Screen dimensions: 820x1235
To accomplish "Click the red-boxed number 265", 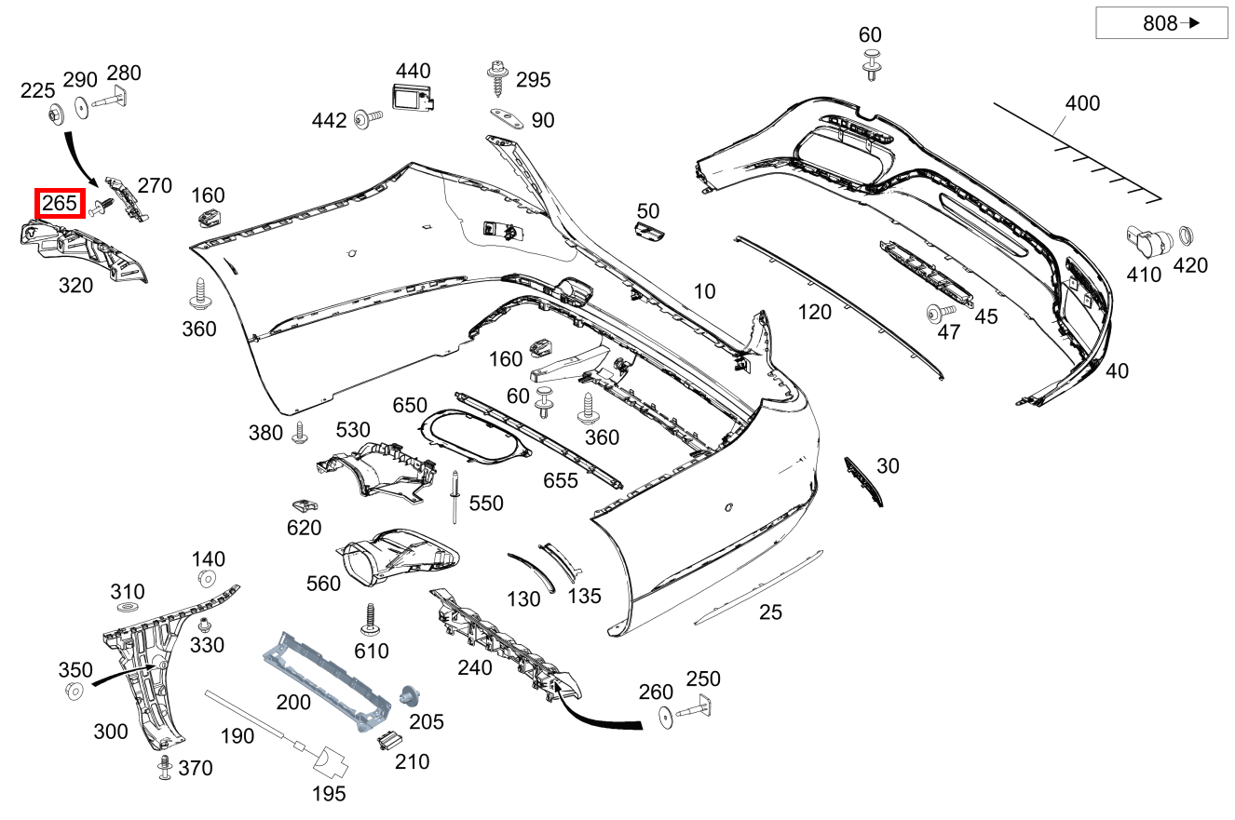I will point(60,202).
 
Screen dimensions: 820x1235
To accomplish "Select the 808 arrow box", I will point(1160,24).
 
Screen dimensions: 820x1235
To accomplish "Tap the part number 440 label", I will point(413,71).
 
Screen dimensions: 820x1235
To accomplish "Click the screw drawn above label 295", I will point(496,78).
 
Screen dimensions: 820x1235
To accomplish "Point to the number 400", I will point(1082,103).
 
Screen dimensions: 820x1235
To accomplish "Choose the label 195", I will point(329,793).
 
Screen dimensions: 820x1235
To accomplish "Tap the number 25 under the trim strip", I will point(770,612).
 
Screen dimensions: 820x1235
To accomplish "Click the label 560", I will point(323,584).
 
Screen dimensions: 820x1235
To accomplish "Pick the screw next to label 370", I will point(165,766).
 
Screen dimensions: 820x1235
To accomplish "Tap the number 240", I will point(474,667).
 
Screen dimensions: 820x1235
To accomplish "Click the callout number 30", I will point(888,465).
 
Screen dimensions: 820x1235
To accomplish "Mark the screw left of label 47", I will point(934,313).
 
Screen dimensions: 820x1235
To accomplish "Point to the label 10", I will point(704,291).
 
